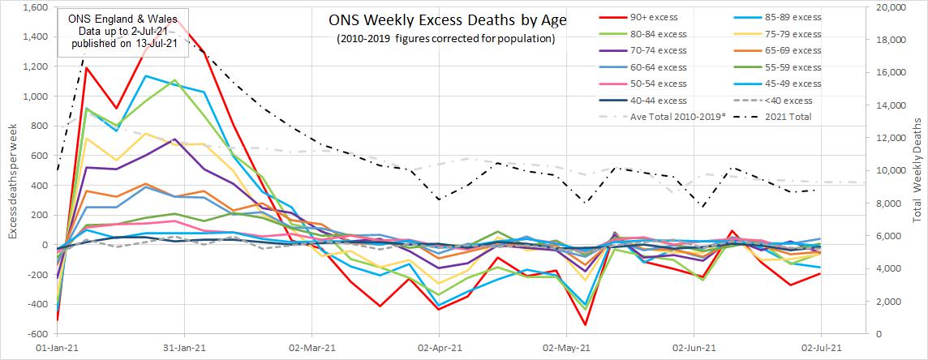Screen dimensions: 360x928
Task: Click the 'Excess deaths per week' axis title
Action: pyautogui.click(x=12, y=170)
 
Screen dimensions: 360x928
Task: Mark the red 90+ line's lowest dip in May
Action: pyautogui.click(x=586, y=325)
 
